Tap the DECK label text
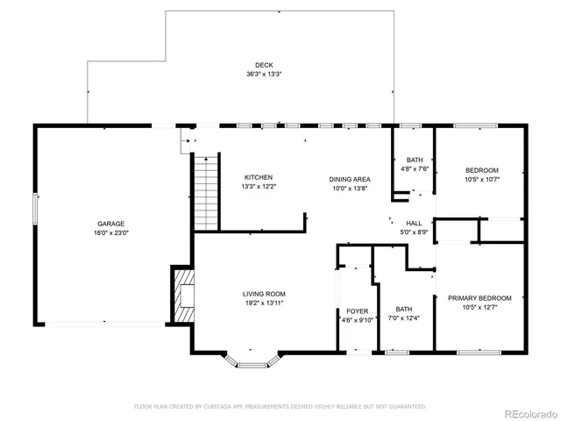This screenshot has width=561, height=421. tap(264, 65)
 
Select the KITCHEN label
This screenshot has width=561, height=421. tap(258, 177)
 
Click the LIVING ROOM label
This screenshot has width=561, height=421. tap(264, 294)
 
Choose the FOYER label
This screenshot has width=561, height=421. tap(357, 310)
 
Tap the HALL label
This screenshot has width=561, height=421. tap(415, 223)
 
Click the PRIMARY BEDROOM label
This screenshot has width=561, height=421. tap(479, 298)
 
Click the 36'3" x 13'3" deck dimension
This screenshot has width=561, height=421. tap(264, 75)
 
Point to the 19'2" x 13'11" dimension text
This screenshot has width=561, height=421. tap(264, 303)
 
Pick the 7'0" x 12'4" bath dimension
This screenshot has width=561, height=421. tap(403, 318)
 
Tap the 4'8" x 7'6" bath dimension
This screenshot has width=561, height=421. tap(414, 169)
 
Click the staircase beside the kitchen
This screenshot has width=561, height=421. tap(204, 193)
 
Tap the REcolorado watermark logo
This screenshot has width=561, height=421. tap(527, 411)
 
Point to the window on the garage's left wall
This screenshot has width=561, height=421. tap(36, 210)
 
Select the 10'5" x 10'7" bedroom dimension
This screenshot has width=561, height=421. tap(482, 180)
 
